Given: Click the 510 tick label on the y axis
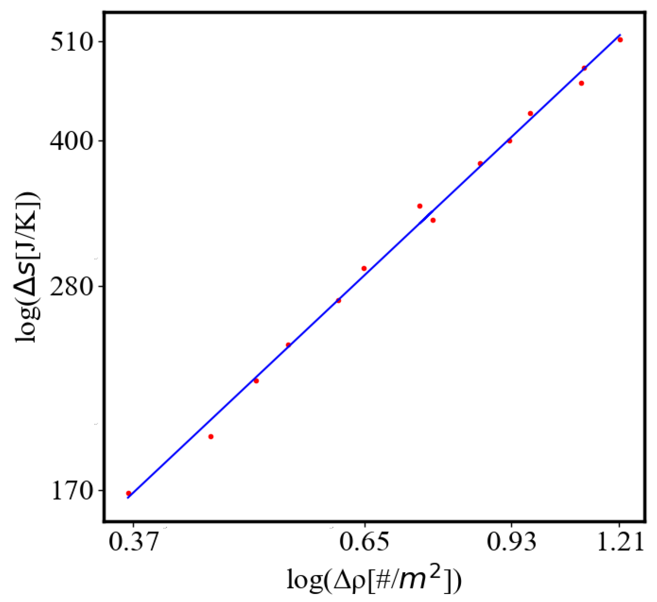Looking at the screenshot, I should tap(72, 42).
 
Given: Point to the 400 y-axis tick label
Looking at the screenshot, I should tap(72, 141).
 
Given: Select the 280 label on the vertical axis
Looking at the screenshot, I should tap(72, 287).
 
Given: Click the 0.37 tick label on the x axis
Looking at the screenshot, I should tap(133, 542).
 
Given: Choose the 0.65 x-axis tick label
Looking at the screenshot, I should tap(364, 542).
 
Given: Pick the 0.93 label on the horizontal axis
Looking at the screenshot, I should tap(511, 542).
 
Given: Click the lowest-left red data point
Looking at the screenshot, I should tap(128, 493).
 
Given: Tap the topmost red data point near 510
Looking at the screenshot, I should tap(620, 40).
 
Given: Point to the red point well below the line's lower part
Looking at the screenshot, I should tap(211, 436).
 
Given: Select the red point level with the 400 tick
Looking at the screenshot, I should tap(510, 141).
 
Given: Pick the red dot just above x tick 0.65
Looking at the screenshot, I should tap(364, 268).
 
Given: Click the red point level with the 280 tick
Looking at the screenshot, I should tap(338, 300).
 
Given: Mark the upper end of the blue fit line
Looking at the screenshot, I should tap(620, 35).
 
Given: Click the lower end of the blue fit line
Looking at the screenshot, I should tap(128, 498).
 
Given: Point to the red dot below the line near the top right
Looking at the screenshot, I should tap(581, 83).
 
